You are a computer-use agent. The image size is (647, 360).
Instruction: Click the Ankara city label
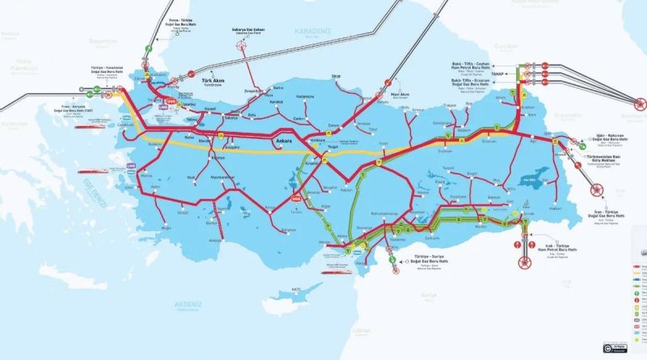click(x=283, y=141)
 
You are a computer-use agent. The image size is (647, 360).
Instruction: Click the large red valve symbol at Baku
click(x=639, y=103)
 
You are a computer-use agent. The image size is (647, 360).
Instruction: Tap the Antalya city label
click(x=214, y=240)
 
